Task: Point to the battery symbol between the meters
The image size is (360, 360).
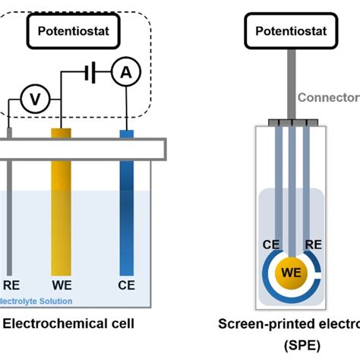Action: (90, 74)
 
